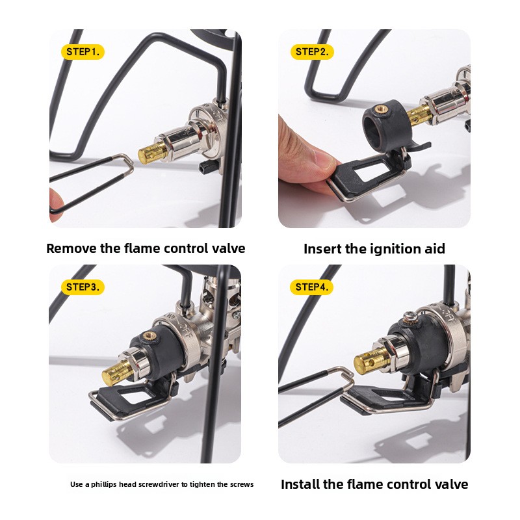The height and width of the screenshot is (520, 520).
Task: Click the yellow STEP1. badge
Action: (x=83, y=52)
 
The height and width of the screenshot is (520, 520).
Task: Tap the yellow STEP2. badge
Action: (x=312, y=52)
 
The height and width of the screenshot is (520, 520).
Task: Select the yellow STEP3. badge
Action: (x=83, y=287)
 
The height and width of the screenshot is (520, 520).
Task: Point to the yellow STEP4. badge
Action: (x=312, y=287)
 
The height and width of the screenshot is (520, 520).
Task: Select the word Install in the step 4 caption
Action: (x=300, y=484)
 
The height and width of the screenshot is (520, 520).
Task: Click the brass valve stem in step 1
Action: (x=153, y=153)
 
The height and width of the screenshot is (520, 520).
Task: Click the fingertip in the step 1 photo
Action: (x=56, y=204)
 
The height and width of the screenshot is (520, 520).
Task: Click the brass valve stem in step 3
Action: (x=117, y=372)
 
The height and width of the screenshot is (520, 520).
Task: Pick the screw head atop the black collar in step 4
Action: (x=411, y=317)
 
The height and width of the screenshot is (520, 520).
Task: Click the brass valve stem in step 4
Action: (x=370, y=361)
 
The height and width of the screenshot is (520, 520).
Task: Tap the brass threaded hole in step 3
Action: (x=148, y=335)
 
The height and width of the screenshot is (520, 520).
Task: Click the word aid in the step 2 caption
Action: (x=436, y=249)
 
